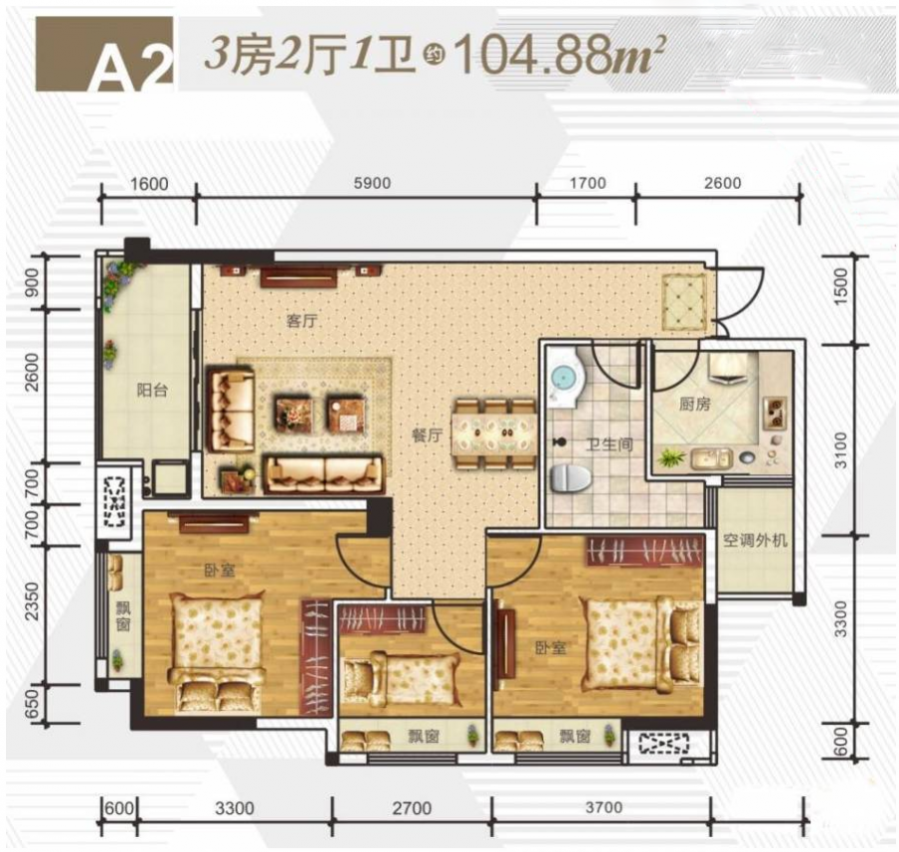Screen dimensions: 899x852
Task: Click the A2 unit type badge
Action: pyautogui.click(x=104, y=54)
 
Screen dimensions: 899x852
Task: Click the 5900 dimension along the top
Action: pyautogui.click(x=373, y=183)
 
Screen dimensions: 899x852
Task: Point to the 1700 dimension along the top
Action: pyautogui.click(x=587, y=183)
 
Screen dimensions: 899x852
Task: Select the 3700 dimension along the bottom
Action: pyautogui.click(x=603, y=807)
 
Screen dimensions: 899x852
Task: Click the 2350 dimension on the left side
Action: pyautogui.click(x=33, y=601)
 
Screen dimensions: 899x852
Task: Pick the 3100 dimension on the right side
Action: pyautogui.click(x=840, y=450)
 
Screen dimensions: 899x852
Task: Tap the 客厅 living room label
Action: pyautogui.click(x=302, y=321)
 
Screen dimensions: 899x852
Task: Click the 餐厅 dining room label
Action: pyautogui.click(x=428, y=435)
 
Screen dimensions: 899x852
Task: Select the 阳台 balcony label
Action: pyautogui.click(x=152, y=391)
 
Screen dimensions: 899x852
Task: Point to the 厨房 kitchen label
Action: pyautogui.click(x=694, y=405)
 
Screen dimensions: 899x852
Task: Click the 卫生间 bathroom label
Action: pyautogui.click(x=609, y=443)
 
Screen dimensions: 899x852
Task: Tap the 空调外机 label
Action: pyautogui.click(x=755, y=540)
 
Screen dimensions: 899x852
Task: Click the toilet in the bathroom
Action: pyautogui.click(x=570, y=478)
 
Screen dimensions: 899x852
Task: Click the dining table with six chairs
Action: pyautogui.click(x=494, y=434)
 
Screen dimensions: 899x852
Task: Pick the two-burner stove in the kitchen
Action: pyautogui.click(x=775, y=413)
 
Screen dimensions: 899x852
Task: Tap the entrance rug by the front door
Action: pyautogui.click(x=684, y=303)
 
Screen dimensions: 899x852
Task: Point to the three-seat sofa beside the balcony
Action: pyautogui.click(x=231, y=410)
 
